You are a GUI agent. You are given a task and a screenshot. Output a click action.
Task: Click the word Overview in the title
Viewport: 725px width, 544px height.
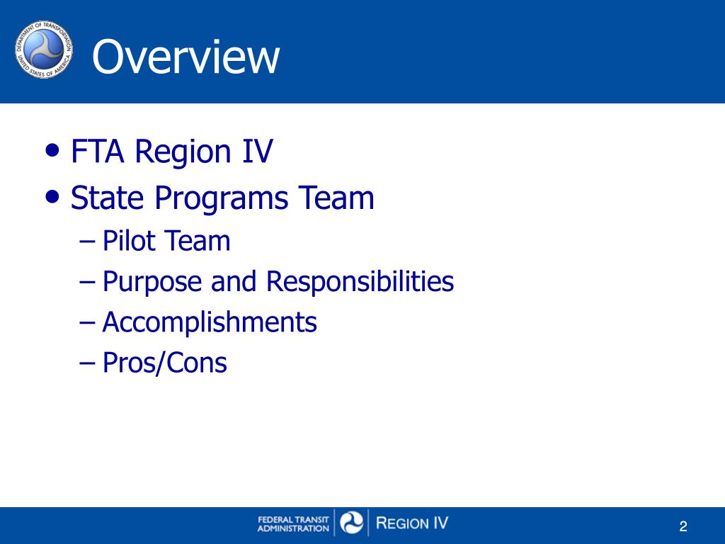point(185,57)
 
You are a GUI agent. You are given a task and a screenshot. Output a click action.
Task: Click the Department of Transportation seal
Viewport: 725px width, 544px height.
point(44,50)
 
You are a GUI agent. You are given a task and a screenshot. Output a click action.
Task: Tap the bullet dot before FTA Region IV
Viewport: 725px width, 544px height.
point(52,149)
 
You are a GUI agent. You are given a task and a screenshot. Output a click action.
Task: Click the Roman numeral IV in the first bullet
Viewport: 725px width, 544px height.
point(257,152)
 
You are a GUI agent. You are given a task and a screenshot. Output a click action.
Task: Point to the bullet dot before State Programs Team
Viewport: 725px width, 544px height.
point(52,195)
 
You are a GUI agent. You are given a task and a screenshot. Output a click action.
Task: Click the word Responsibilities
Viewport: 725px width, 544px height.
point(360,283)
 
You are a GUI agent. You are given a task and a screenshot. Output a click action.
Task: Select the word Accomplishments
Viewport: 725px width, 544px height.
point(210,323)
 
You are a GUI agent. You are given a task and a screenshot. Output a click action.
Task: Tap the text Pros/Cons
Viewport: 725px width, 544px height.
point(164,363)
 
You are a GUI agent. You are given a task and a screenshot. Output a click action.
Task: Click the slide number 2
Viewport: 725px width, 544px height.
point(683,526)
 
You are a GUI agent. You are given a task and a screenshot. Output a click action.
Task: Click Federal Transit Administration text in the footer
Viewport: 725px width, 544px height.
point(293,523)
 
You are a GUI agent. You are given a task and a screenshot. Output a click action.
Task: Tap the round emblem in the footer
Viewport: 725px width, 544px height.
point(352,523)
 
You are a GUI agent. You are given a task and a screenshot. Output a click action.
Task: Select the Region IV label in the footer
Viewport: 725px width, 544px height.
point(412,523)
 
